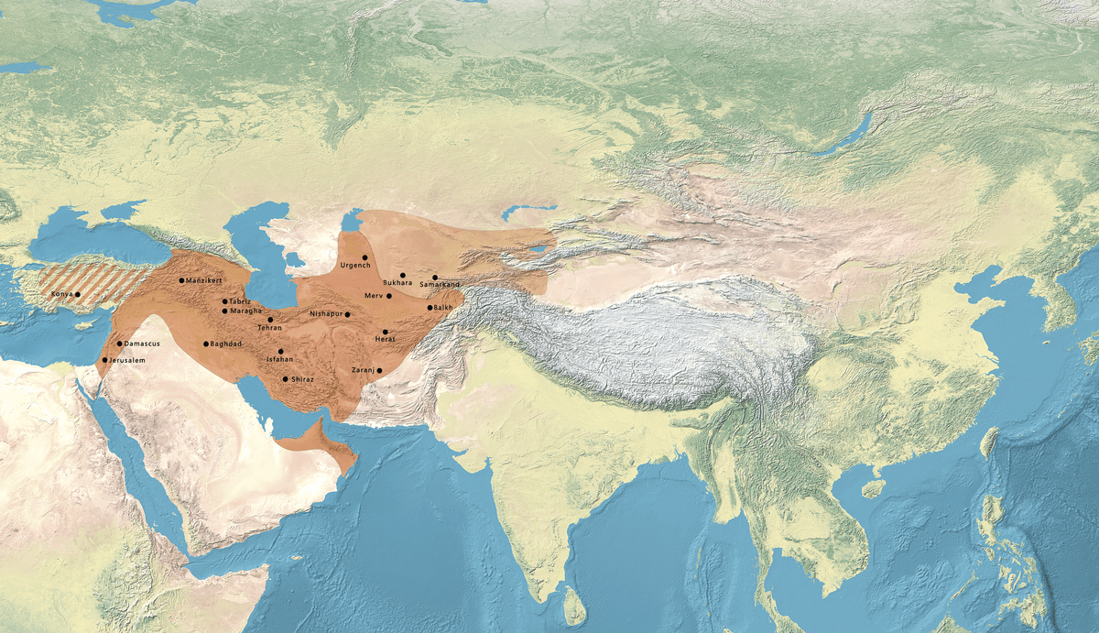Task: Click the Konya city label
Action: point(60,294)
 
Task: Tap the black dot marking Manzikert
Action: point(181,280)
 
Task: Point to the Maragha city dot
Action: point(224,311)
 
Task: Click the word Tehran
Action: point(269,328)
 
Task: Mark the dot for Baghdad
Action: point(205,344)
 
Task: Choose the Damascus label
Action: point(143,344)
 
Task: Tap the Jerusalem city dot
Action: point(105,361)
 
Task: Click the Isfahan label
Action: point(279,360)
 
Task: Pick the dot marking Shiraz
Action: point(285,379)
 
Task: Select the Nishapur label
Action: point(326,314)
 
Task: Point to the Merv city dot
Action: point(389,296)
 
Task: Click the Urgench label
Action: point(354,266)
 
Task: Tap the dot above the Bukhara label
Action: point(402,275)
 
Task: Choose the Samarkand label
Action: point(440,285)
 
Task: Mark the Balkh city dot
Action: point(429,308)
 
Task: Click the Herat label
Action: point(386,340)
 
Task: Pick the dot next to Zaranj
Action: point(379,370)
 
